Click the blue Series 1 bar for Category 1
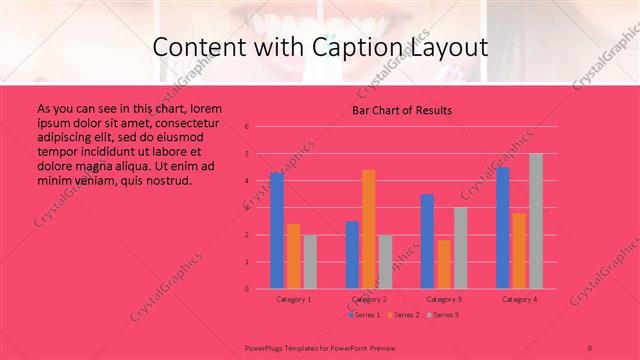tap(276, 230)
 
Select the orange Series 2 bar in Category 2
tap(368, 229)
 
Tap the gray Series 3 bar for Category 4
tap(535, 221)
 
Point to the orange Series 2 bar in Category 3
tap(444, 264)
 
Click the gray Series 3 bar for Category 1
tap(309, 261)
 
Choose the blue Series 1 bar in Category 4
tap(502, 227)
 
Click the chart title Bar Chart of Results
tap(401, 111)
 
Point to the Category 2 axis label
tap(369, 299)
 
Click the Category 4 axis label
tap(519, 299)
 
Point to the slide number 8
tap(590, 346)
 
